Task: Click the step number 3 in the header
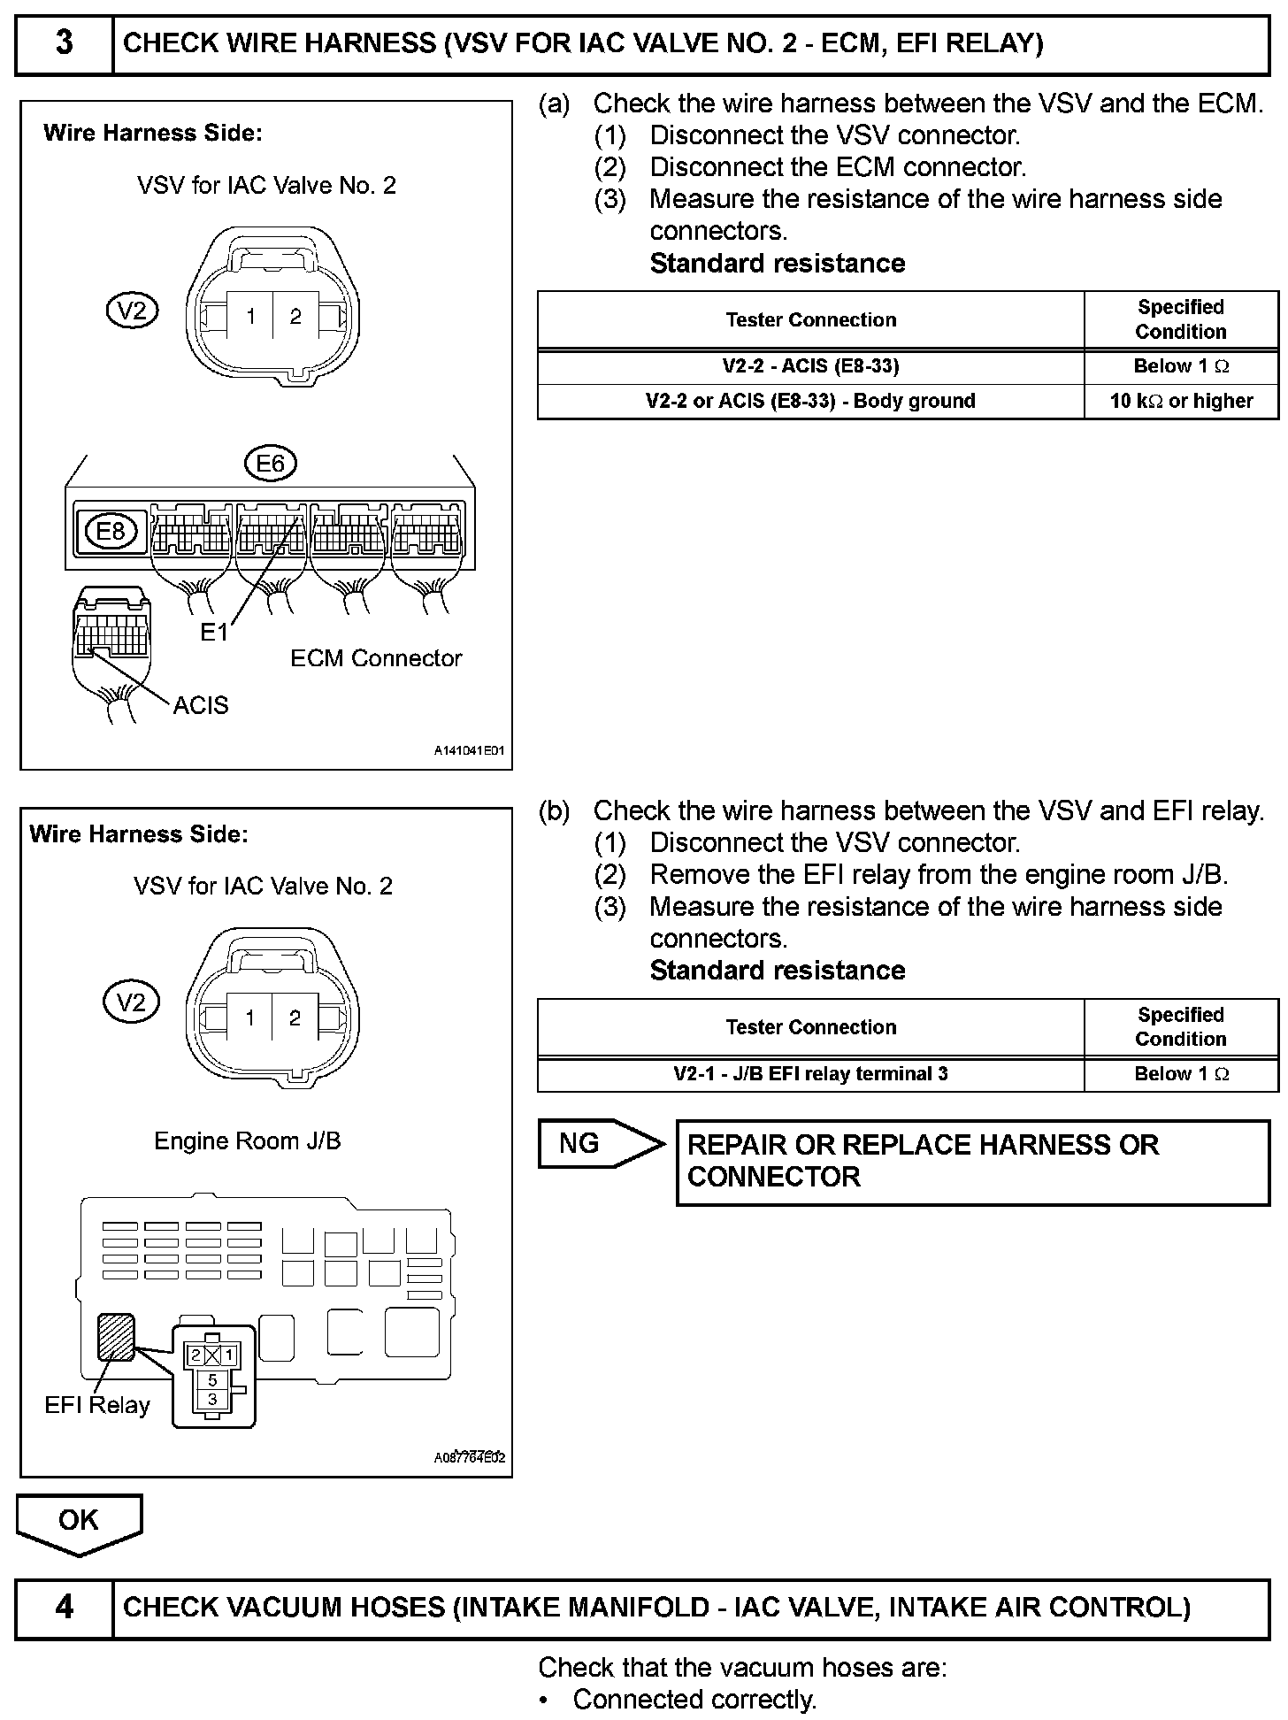click(x=65, y=42)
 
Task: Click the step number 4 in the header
click(x=65, y=1607)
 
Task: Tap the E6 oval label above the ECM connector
click(x=271, y=464)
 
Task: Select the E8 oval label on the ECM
click(x=111, y=531)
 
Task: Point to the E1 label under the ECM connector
click(x=214, y=632)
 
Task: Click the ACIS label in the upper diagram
click(x=201, y=705)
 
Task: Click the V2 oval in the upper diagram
click(x=132, y=311)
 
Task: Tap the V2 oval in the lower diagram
click(x=131, y=1002)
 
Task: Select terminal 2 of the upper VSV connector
click(x=295, y=316)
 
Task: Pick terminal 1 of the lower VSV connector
click(x=250, y=1018)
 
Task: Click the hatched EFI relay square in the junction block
click(x=117, y=1336)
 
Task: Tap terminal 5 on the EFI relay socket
click(x=212, y=1380)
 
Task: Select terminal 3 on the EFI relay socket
click(x=212, y=1399)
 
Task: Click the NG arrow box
click(x=598, y=1143)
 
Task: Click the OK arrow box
click(x=79, y=1520)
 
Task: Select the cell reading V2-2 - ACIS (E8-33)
click(x=810, y=366)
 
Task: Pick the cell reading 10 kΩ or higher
click(x=1181, y=401)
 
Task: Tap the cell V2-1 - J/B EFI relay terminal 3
click(x=810, y=1073)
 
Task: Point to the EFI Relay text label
click(x=97, y=1405)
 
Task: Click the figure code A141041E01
click(x=469, y=751)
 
